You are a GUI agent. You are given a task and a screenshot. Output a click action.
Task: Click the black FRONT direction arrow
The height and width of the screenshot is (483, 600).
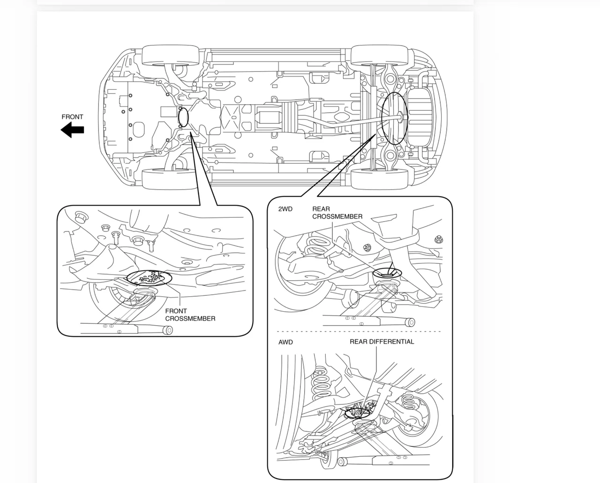point(72,130)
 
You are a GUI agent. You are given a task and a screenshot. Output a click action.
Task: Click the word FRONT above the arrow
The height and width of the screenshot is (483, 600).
point(72,117)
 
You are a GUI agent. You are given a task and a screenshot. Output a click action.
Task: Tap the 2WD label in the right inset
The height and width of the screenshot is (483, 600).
point(285,209)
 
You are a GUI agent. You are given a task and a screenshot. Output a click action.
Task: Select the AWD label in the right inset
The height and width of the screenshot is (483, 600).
point(285,342)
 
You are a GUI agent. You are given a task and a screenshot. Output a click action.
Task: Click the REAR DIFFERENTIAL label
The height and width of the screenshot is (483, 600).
point(382,342)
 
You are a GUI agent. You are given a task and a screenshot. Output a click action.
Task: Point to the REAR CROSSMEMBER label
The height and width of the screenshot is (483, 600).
point(337,213)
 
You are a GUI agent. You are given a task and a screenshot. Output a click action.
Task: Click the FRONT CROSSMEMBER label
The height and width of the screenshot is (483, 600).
point(190,314)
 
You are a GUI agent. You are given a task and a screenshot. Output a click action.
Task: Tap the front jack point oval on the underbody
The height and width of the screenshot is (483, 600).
point(183,117)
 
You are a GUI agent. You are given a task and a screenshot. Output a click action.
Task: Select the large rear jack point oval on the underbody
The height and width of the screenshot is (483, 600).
point(393,117)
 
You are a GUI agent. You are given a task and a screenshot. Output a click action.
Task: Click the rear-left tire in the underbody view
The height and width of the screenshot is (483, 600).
point(379,55)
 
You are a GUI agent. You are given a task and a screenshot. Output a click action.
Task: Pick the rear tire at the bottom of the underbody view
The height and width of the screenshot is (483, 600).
point(379,179)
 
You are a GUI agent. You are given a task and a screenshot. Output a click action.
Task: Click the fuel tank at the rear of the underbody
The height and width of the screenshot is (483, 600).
point(420,117)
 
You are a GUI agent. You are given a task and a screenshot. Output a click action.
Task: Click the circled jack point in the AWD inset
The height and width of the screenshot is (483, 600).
point(357,413)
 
